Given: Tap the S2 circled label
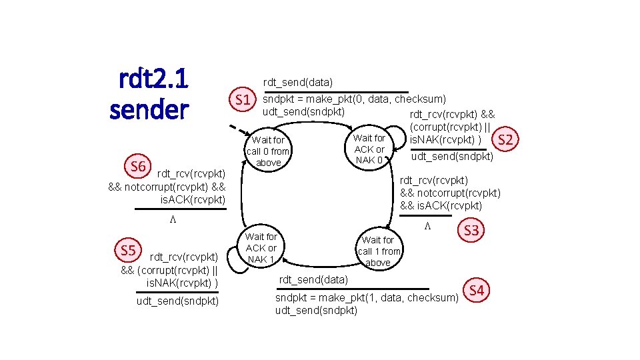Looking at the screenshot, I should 505,139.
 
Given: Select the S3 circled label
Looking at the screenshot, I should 471,231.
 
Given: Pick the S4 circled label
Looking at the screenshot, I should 476,290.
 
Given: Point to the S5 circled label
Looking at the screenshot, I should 128,251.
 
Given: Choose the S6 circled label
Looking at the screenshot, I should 138,165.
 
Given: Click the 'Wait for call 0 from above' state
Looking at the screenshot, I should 268,151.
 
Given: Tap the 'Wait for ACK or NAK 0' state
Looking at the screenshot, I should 369,149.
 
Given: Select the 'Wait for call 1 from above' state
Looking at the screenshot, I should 378,251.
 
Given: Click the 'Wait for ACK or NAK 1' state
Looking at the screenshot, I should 261,247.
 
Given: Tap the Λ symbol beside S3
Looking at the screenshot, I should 428,227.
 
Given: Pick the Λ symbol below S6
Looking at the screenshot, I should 171,219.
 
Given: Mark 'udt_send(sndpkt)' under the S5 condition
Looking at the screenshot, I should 177,301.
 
